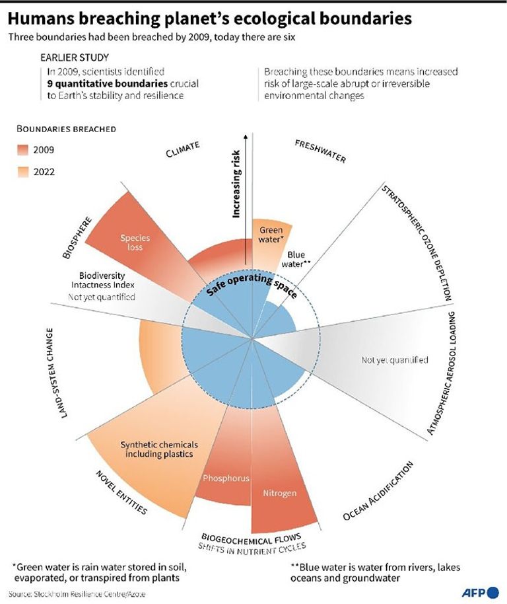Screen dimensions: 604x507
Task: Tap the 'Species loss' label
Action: point(135,243)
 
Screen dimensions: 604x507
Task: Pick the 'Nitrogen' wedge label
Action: point(280,493)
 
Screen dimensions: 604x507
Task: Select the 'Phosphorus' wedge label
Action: point(225,478)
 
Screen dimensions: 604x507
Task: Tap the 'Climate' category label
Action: point(183,150)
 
